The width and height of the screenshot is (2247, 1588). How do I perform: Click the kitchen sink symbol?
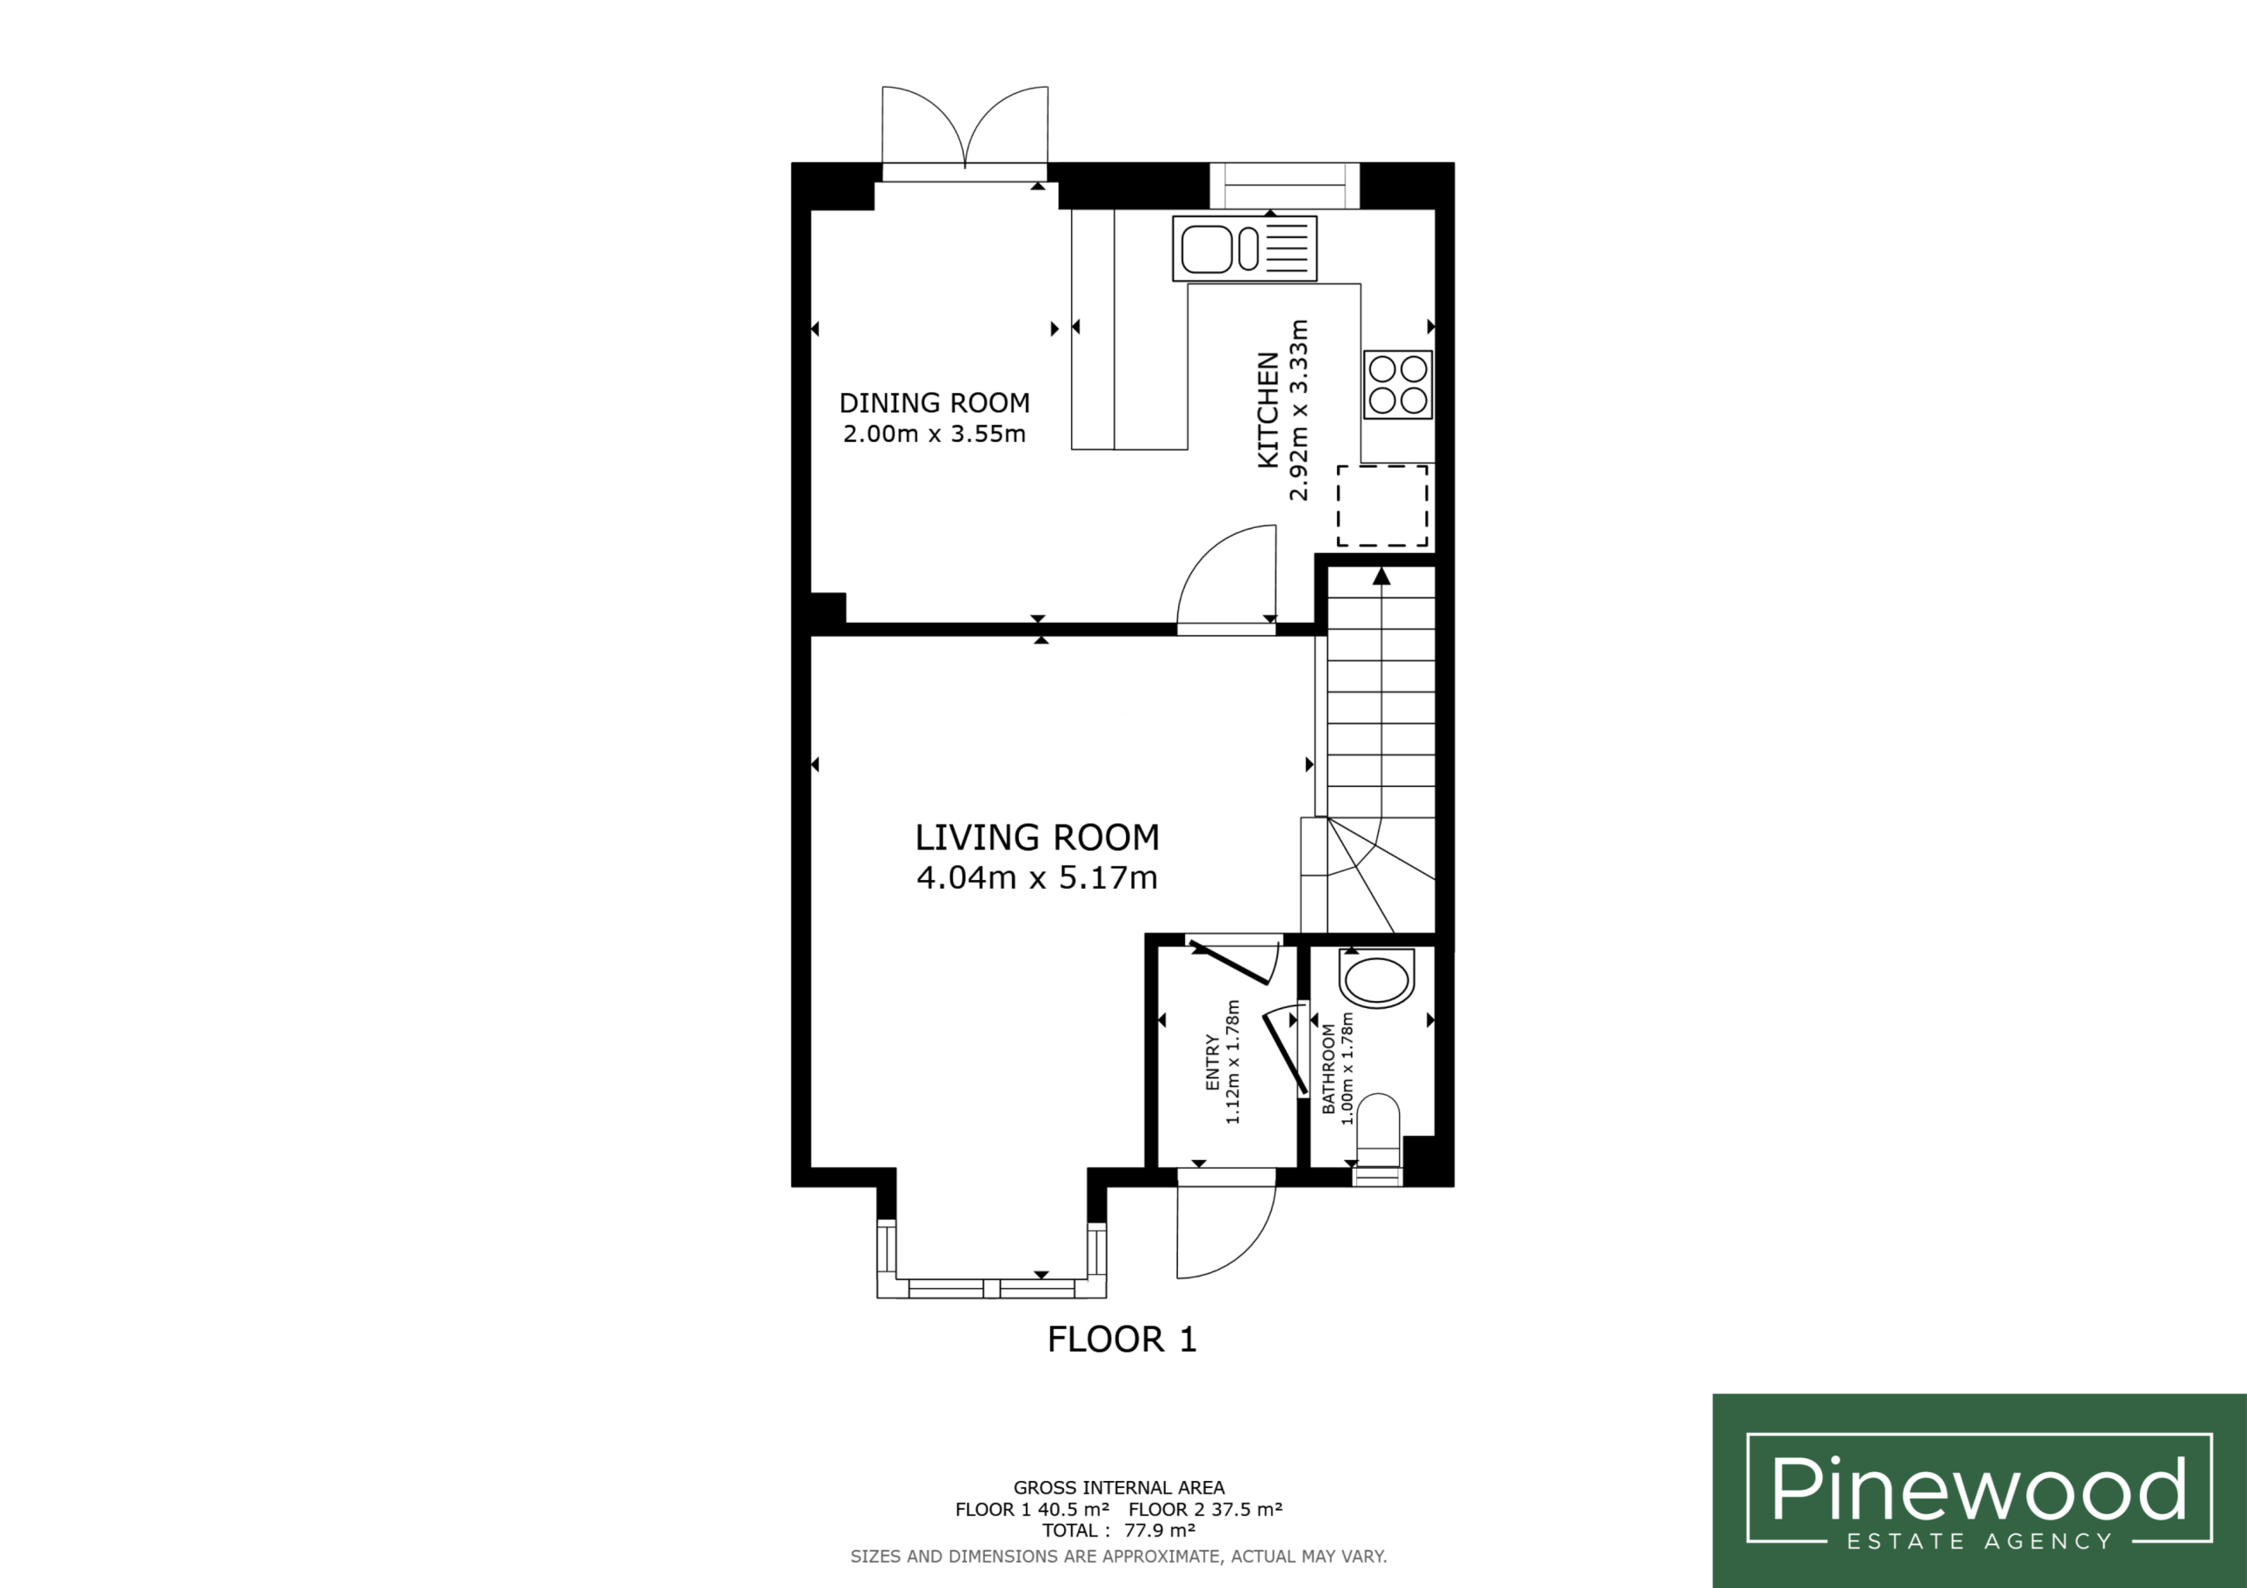pos(1244,248)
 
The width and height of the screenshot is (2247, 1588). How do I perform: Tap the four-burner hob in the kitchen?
pos(1397,384)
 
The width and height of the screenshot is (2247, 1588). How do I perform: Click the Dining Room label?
pos(935,402)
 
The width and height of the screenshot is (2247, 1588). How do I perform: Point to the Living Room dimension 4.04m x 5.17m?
pos(1037,876)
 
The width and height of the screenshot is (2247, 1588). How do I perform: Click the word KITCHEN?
pos(1268,410)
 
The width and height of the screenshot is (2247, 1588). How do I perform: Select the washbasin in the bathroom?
pos(1377,978)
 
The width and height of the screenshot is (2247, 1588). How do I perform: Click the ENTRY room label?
pos(1212,1062)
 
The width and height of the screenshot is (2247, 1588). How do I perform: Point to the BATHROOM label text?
pos(1328,1069)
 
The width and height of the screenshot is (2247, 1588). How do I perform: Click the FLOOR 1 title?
pos(1122,1340)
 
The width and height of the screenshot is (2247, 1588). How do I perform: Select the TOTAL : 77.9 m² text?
pos(1118,1530)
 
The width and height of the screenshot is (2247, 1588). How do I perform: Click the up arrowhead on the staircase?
pos(1381,576)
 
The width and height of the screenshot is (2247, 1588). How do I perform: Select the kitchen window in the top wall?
pos(1284,185)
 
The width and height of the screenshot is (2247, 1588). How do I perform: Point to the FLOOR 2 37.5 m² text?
pos(1206,1509)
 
